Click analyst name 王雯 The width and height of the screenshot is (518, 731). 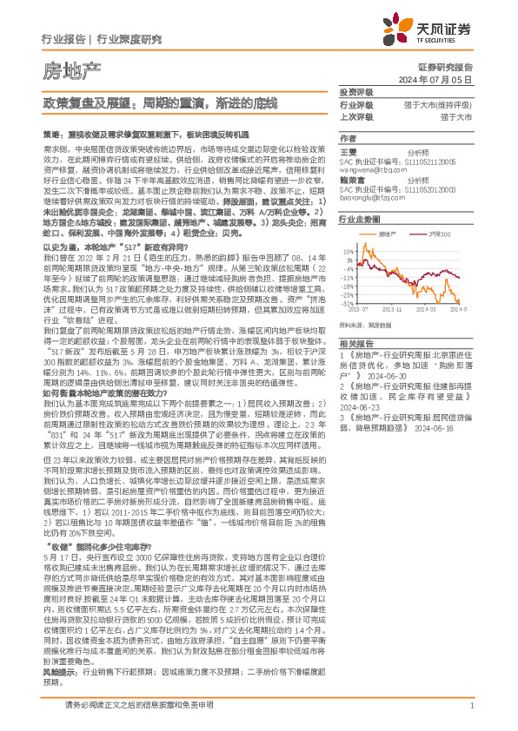349,150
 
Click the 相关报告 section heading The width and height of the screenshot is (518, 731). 355,344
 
